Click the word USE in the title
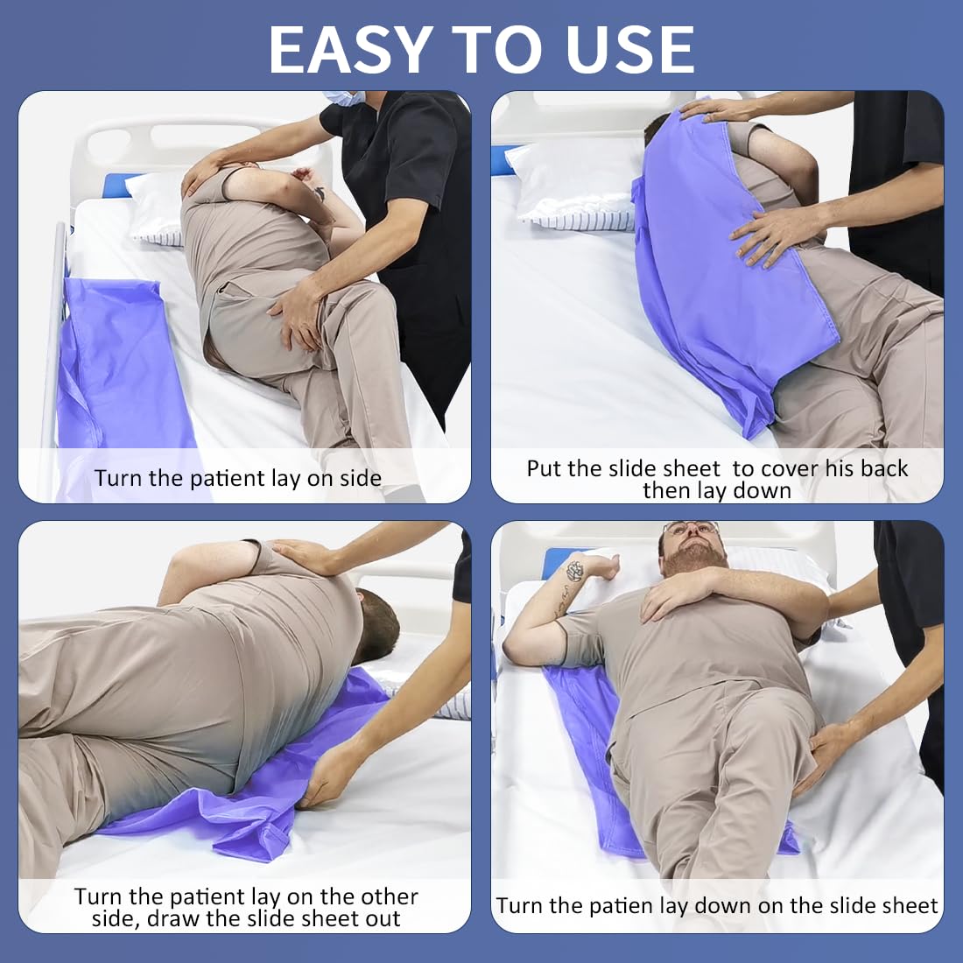click(630, 49)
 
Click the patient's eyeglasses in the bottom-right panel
click(690, 528)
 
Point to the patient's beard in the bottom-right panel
click(693, 557)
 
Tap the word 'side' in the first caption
click(361, 478)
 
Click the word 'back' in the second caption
click(883, 468)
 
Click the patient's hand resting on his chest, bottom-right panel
click(676, 593)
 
